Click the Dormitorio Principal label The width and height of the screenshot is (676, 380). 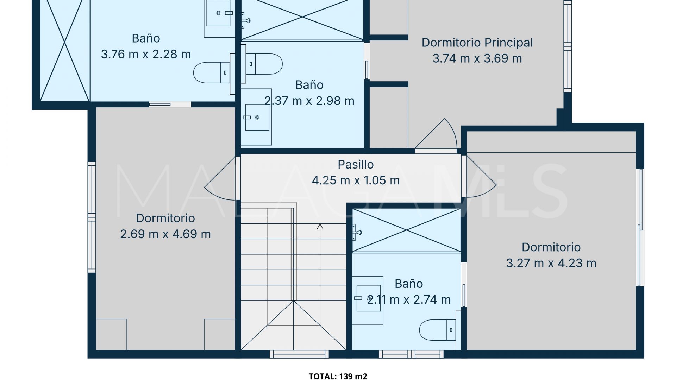click(x=477, y=43)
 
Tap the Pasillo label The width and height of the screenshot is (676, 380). click(x=356, y=164)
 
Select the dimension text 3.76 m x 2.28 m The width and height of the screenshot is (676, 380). click(x=146, y=54)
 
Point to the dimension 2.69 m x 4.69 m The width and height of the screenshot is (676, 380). click(x=165, y=234)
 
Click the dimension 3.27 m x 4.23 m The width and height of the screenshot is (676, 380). click(x=551, y=263)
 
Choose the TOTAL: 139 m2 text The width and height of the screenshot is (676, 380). click(x=338, y=376)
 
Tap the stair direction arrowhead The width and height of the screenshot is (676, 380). click(x=320, y=227)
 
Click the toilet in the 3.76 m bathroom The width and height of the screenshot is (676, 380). click(x=212, y=73)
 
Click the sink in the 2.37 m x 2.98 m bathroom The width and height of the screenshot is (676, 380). click(x=257, y=117)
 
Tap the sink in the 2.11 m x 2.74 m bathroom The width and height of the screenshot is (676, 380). click(x=368, y=298)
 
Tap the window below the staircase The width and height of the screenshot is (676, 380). click(x=299, y=354)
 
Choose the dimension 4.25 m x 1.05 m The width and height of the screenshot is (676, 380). click(x=356, y=180)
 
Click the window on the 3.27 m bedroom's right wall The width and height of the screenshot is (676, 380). click(x=640, y=227)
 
